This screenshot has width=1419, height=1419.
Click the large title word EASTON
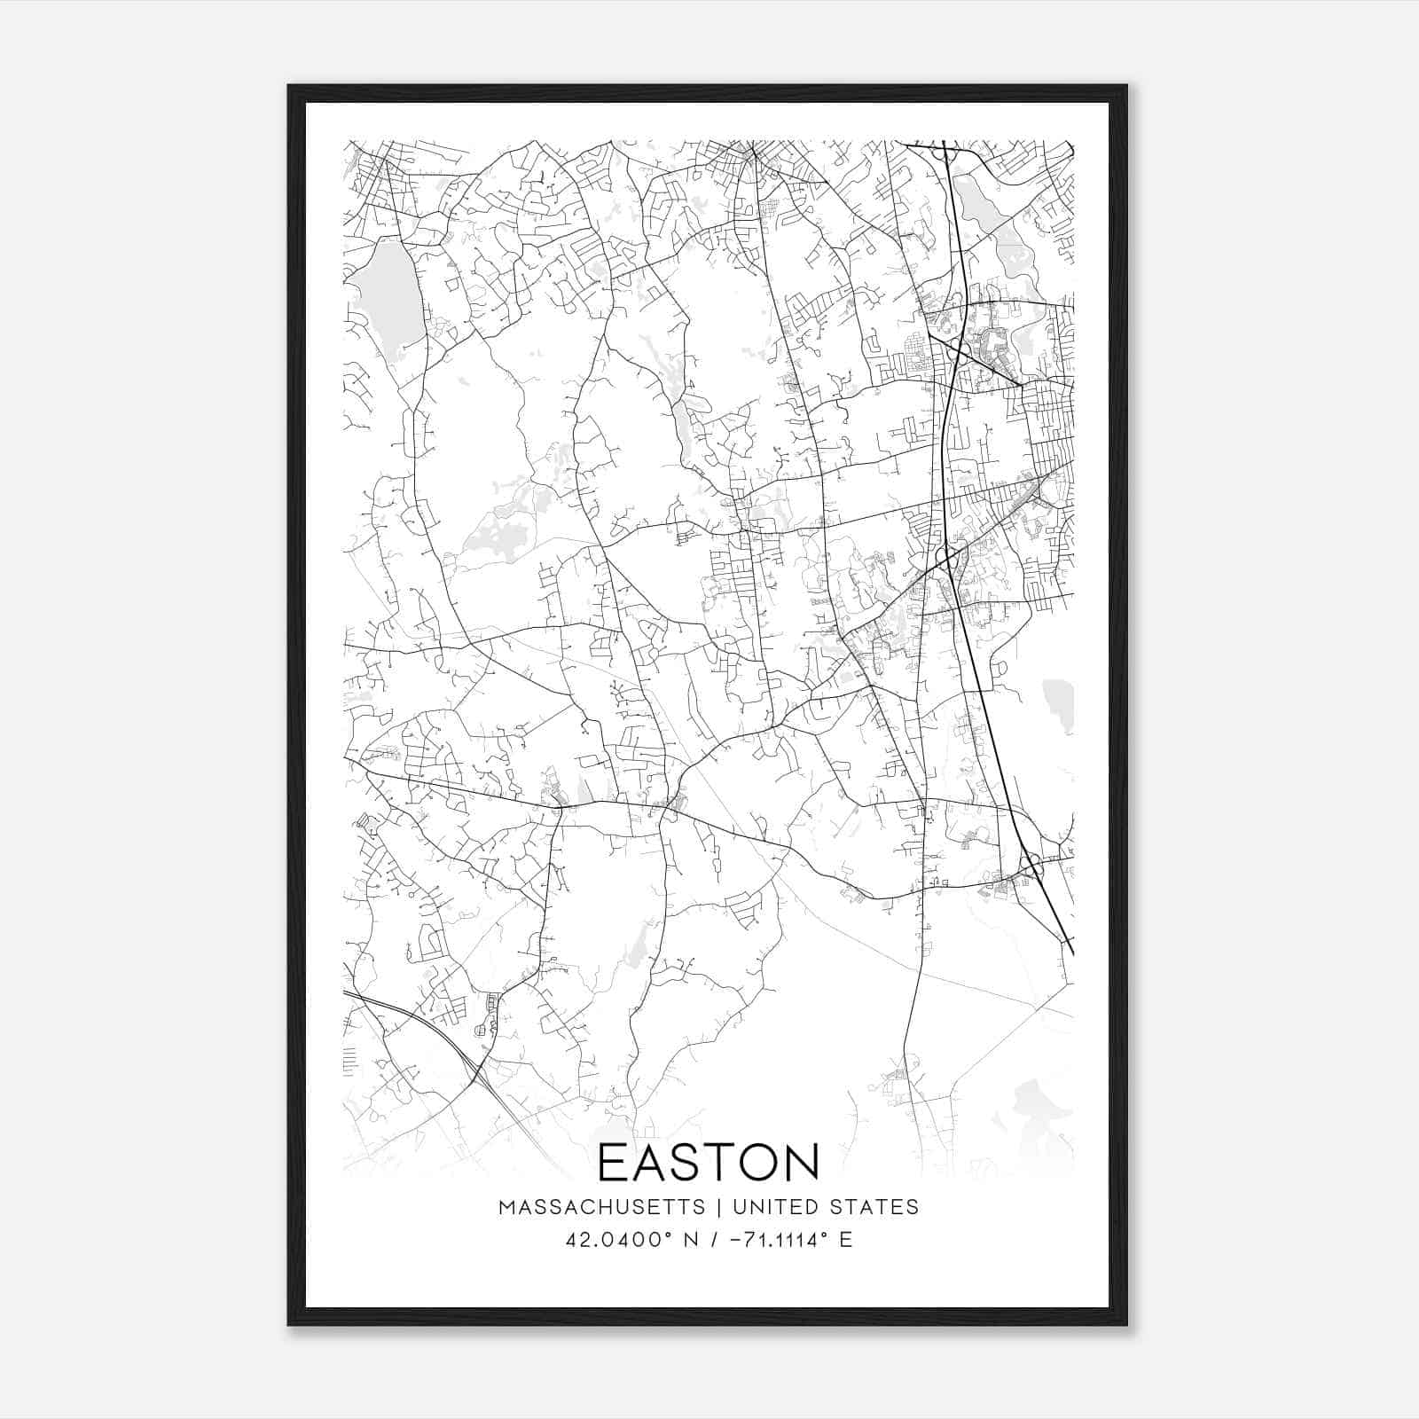click(709, 1162)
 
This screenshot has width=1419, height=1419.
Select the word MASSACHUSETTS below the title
click(602, 1207)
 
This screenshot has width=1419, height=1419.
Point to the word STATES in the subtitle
click(875, 1207)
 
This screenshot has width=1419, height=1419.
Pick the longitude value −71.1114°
click(771, 1240)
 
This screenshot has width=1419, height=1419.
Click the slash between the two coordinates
click(711, 1240)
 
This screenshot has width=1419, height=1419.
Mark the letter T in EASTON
click(719, 1162)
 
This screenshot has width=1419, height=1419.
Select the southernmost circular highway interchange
click(1031, 860)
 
